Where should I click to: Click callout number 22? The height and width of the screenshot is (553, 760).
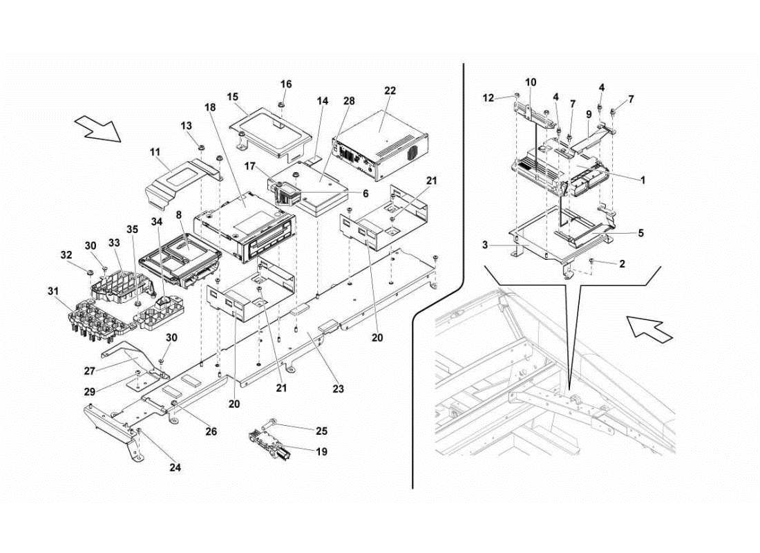click(390, 91)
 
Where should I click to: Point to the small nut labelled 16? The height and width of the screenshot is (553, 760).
click(283, 104)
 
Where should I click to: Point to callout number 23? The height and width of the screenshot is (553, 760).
click(337, 388)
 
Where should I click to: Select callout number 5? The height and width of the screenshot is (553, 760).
click(640, 234)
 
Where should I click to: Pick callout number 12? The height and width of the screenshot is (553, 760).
click(489, 98)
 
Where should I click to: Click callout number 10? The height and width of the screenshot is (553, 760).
click(531, 82)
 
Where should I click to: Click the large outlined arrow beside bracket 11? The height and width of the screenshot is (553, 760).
click(97, 127)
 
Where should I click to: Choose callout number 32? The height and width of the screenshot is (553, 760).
click(66, 254)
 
